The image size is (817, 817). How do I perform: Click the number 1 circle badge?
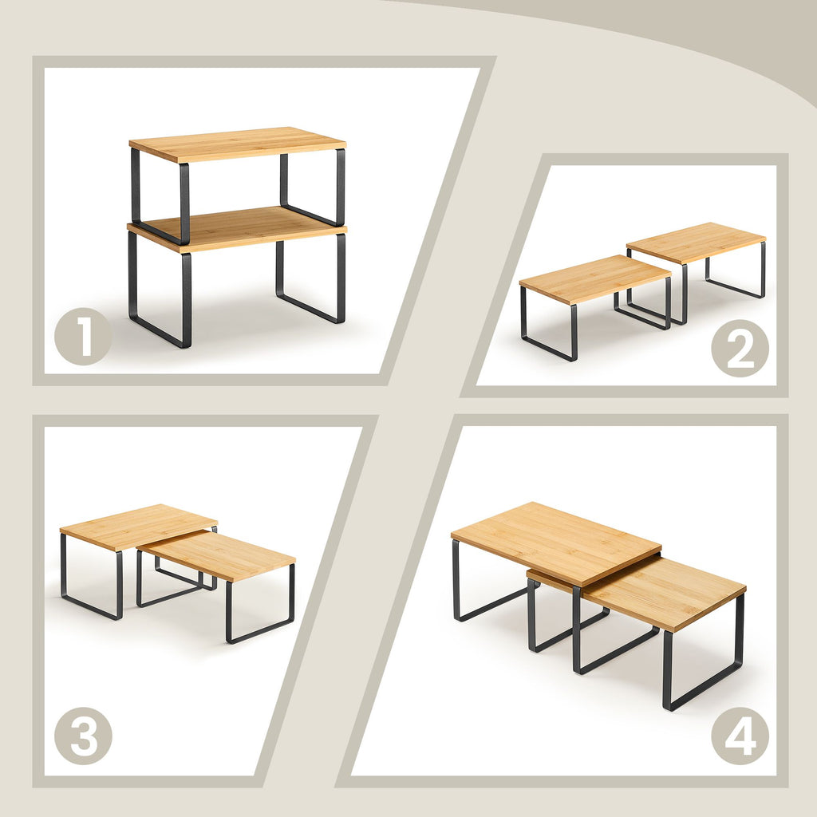click(83, 337)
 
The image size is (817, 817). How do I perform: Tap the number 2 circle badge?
click(740, 348)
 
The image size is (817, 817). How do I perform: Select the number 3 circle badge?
click(83, 736)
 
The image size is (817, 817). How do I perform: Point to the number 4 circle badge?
click(740, 736)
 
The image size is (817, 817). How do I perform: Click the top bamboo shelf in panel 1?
click(238, 144)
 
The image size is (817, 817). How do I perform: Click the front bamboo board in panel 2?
click(595, 278)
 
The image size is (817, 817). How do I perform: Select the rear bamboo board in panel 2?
click(696, 243)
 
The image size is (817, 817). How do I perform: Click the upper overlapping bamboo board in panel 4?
click(556, 543)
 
